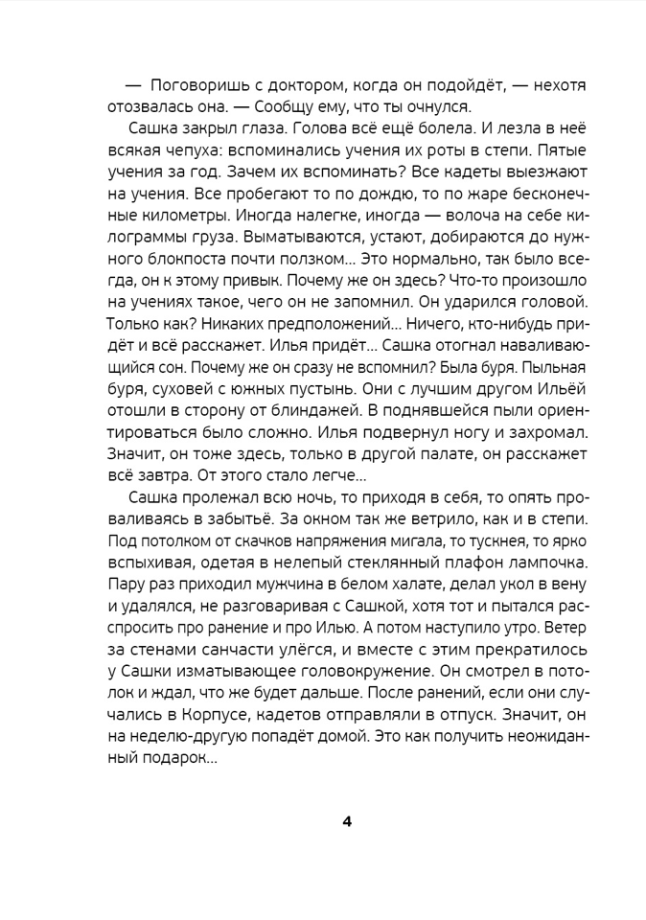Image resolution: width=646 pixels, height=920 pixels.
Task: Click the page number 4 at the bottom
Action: click(x=347, y=821)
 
